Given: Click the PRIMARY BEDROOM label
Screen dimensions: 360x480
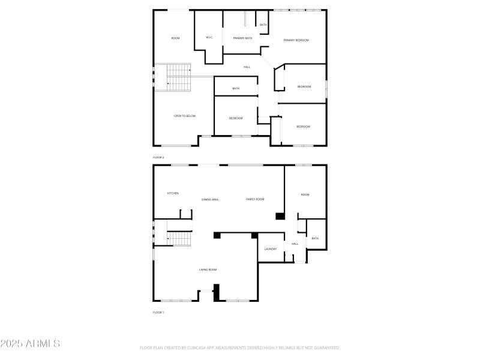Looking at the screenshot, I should [296, 40].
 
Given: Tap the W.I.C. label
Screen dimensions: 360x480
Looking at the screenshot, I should [209, 38].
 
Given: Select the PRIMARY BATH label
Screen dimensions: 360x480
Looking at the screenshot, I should [242, 38].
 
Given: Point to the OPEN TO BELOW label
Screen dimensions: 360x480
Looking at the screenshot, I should [185, 116].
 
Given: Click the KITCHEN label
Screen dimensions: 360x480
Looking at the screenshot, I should [173, 193].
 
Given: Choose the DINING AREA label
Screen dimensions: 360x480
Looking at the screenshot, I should [210, 199].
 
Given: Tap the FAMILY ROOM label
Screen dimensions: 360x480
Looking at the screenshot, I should [255, 199].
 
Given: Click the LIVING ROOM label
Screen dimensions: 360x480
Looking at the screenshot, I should [208, 270].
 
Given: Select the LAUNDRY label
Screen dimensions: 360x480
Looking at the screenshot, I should [271, 249].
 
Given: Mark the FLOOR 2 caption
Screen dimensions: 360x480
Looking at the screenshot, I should [158, 157].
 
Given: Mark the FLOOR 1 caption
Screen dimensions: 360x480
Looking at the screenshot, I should [158, 313].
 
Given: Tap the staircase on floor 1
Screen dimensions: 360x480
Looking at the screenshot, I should [178, 239].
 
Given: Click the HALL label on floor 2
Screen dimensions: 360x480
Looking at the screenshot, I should [247, 67].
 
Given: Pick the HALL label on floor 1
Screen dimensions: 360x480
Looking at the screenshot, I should [295, 244].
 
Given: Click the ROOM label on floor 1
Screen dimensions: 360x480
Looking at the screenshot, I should [305, 195].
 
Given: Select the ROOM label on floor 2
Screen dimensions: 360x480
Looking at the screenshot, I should [175, 38].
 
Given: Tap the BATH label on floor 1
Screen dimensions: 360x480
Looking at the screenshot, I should [315, 239].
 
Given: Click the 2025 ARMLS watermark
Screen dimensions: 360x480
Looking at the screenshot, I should [30, 344].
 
